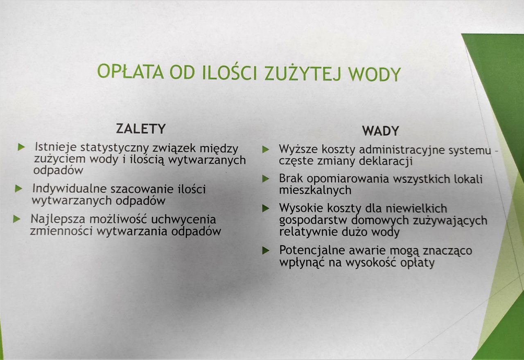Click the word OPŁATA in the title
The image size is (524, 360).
point(130,71)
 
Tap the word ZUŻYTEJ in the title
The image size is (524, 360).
point(303,73)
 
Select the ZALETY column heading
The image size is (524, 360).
point(141,128)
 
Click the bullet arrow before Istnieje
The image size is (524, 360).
point(21,147)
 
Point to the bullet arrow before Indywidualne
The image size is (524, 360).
point(18,189)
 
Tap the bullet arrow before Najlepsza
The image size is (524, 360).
point(17,219)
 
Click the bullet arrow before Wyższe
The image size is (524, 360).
point(266,150)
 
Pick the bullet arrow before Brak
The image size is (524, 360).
point(266,179)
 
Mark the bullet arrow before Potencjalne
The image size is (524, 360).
point(266,251)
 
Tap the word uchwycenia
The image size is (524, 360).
point(183,220)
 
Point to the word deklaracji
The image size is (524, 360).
point(386,161)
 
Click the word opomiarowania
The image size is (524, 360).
point(348,180)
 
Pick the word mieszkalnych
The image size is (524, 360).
point(315,190)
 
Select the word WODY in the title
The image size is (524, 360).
point(375,74)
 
